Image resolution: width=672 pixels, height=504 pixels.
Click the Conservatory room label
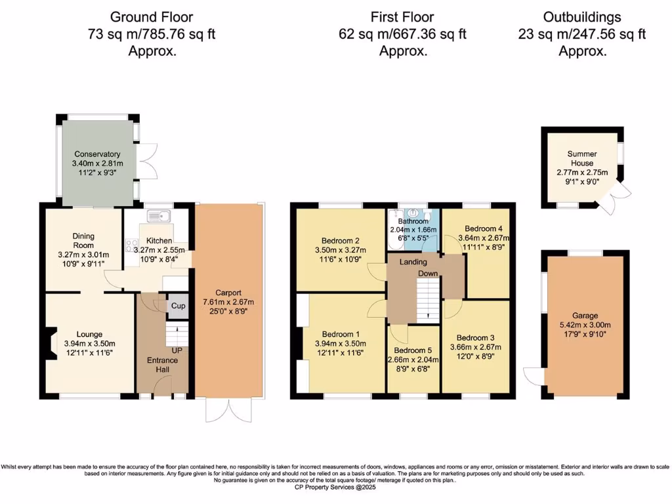(x=97, y=154)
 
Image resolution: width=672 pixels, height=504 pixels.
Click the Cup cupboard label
(x=177, y=306)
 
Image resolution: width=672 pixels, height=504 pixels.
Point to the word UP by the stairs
(x=177, y=351)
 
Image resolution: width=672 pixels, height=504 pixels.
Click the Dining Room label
(x=83, y=241)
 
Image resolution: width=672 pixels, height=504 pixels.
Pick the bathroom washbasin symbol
(x=412, y=214)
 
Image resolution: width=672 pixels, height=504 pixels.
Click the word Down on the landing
(x=429, y=273)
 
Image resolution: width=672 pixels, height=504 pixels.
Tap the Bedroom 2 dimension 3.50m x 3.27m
(x=339, y=250)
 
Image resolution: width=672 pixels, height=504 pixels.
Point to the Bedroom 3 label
(x=476, y=337)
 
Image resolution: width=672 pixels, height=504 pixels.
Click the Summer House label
(x=581, y=158)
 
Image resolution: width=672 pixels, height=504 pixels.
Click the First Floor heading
(x=402, y=17)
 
